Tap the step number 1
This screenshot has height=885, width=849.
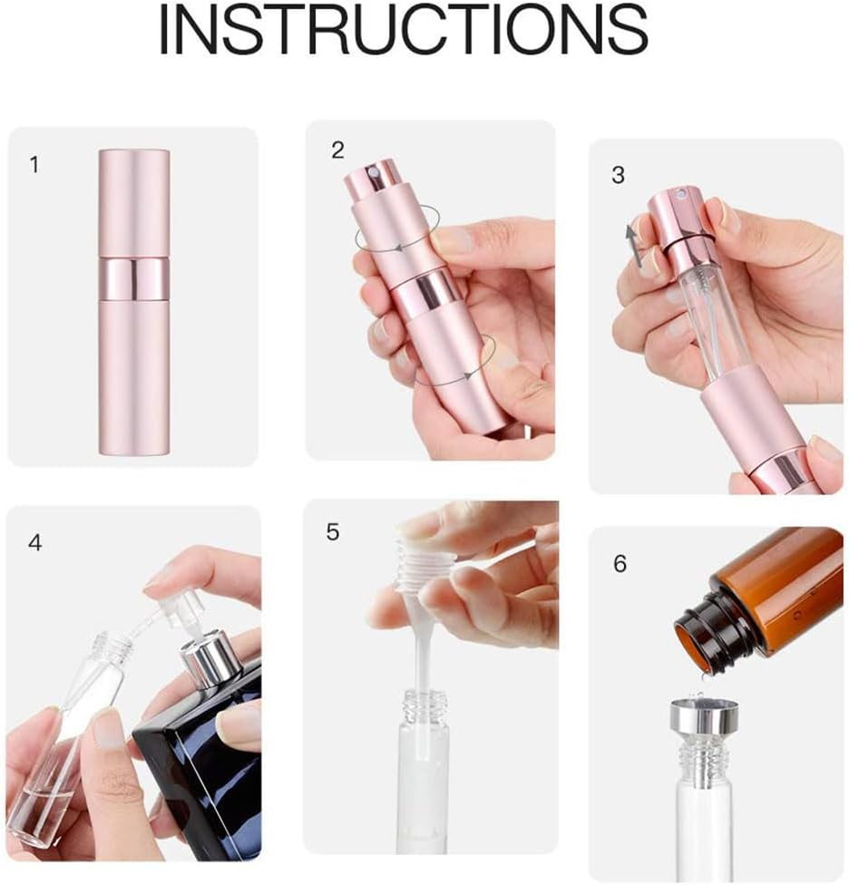[34, 165]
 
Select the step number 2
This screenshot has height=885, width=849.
[337, 150]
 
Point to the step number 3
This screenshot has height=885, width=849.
[618, 175]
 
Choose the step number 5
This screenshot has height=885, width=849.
[333, 531]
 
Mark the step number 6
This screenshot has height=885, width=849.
[620, 563]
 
